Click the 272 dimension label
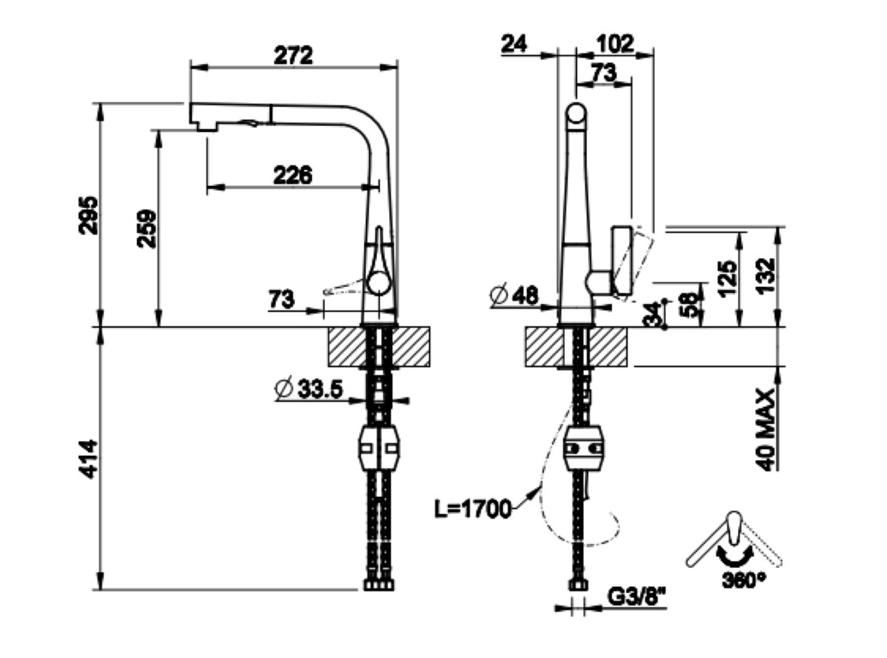(x=293, y=56)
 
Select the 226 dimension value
(x=292, y=176)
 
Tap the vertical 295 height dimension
(x=88, y=215)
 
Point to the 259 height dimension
(x=147, y=229)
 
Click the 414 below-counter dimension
(x=88, y=459)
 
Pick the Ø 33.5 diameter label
(x=309, y=389)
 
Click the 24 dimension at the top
(x=514, y=44)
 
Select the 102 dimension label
(x=615, y=44)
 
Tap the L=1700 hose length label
(x=473, y=509)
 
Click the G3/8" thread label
(x=637, y=596)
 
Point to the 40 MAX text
(x=766, y=429)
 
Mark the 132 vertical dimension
(x=765, y=276)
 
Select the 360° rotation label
(x=744, y=580)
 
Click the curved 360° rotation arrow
(x=734, y=557)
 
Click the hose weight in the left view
(x=379, y=449)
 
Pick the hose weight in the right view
(x=584, y=449)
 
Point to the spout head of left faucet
(x=231, y=117)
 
